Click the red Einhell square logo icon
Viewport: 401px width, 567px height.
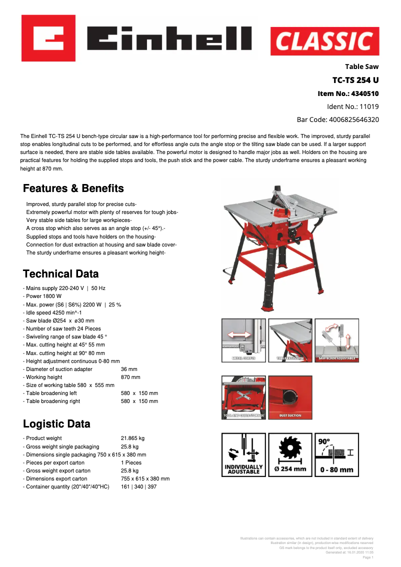[x=48, y=38]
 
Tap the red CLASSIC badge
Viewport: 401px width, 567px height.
[x=324, y=41]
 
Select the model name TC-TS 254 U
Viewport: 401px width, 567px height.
[x=355, y=80]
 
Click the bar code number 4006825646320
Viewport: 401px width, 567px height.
[x=337, y=119]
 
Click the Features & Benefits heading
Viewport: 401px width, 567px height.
[x=73, y=188]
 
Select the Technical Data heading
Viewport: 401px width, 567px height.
[x=61, y=274]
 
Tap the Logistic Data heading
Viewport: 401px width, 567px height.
[x=56, y=424]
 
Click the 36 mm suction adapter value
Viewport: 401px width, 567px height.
[x=129, y=369]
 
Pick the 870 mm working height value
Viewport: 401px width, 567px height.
[x=130, y=377]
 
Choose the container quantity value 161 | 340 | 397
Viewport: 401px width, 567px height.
[x=138, y=486]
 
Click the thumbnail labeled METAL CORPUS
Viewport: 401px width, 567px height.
[x=243, y=340]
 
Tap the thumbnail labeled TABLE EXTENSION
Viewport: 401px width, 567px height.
[x=290, y=340]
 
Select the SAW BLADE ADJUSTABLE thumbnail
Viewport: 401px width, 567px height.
[x=336, y=340]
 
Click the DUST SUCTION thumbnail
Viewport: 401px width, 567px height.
[x=290, y=397]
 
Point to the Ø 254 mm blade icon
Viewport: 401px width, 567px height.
[x=290, y=454]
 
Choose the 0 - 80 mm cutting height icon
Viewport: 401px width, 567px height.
[x=336, y=454]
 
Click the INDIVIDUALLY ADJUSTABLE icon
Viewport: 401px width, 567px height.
[x=243, y=454]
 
